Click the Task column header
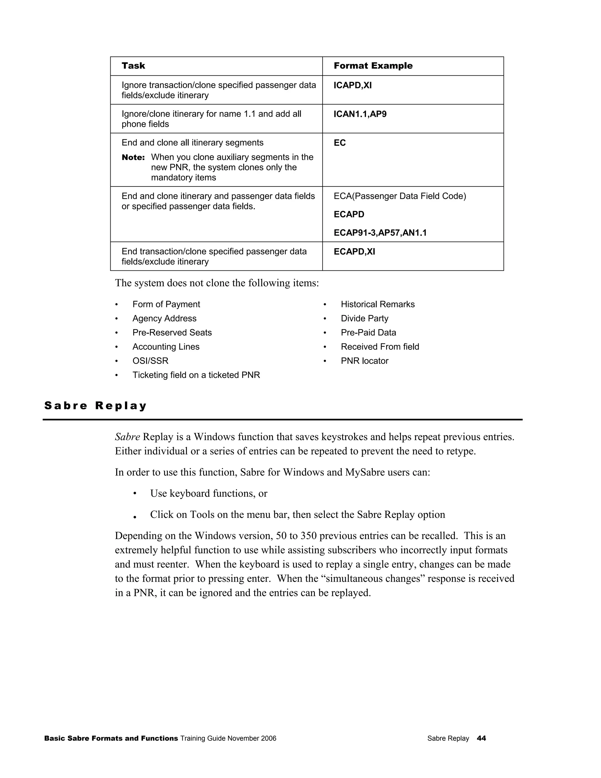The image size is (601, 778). (x=133, y=66)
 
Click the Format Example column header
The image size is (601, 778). (x=373, y=66)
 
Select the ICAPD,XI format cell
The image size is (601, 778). (x=352, y=85)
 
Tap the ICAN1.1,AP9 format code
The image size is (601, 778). (x=360, y=114)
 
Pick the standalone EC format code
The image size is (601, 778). (x=340, y=143)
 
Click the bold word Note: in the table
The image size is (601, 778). (x=133, y=157)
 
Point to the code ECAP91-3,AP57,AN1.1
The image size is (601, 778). (x=380, y=233)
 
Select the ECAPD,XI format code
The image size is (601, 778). (x=354, y=252)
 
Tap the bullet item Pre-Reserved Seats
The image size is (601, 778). (x=172, y=333)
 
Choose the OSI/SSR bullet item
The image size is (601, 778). (x=150, y=361)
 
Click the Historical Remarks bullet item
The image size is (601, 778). (x=377, y=304)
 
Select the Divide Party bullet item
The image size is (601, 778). (x=364, y=319)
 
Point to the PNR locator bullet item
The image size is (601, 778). (x=364, y=361)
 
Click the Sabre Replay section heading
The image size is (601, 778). (x=95, y=406)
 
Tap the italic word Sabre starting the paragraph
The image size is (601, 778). (x=127, y=437)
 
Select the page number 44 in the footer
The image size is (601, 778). (x=481, y=738)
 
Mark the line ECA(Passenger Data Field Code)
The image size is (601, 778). (x=399, y=196)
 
